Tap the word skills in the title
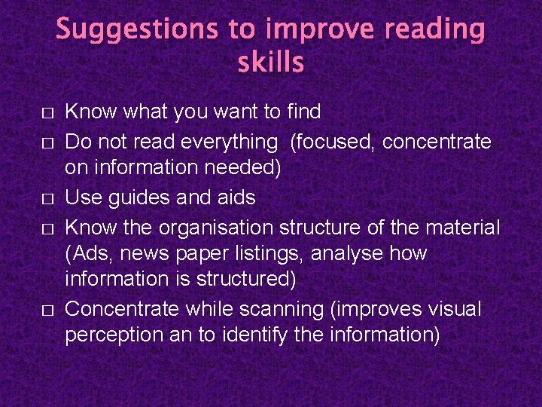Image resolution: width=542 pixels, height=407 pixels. [x=271, y=63]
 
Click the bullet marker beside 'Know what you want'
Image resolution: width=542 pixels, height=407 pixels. [x=47, y=113]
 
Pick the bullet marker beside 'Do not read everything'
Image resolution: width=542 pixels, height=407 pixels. [x=47, y=142]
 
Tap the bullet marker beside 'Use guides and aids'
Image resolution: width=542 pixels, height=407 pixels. [x=47, y=199]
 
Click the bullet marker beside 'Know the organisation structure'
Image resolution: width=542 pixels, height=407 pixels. [x=47, y=228]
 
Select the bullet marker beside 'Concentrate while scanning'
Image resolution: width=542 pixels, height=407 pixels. [x=47, y=311]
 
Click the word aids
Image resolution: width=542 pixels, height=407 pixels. [x=235, y=197]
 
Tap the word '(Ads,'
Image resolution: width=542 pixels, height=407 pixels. [x=90, y=253]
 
